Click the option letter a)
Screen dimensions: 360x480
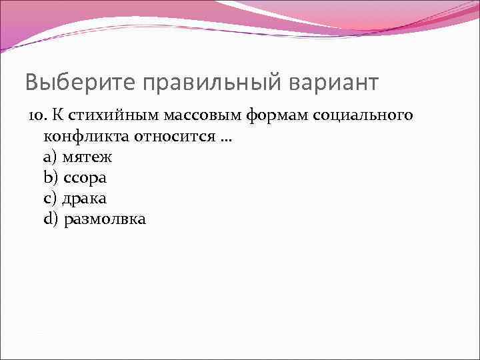pos(50,157)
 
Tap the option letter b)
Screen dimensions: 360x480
pos(51,178)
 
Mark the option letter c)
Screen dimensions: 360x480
pos(50,199)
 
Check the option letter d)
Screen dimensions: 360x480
pos(51,219)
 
